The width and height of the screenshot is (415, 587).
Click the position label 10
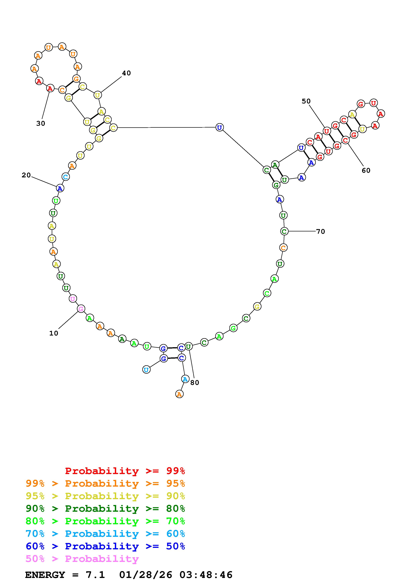tap(54, 333)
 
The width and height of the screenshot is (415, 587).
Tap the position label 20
tap(26, 175)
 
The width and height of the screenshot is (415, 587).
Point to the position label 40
tap(126, 73)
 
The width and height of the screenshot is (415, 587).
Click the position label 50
tap(306, 101)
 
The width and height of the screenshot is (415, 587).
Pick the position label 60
tap(366, 170)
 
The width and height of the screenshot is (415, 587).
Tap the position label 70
tap(320, 231)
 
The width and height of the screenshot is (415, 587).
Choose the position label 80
tap(195, 383)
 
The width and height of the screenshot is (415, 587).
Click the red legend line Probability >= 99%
tap(125, 471)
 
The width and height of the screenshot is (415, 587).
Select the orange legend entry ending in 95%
tap(105, 483)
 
